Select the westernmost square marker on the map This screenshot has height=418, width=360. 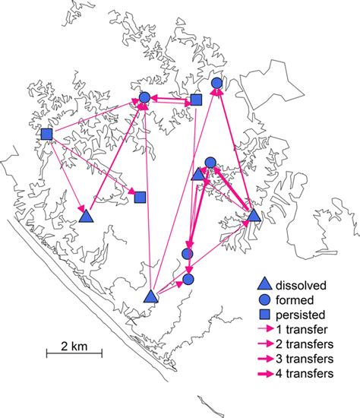pyautogui.click(x=46, y=135)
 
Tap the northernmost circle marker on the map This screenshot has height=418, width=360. pyautogui.click(x=216, y=83)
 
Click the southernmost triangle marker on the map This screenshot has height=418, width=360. pyautogui.click(x=150, y=296)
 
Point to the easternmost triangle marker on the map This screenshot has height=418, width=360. pyautogui.click(x=254, y=217)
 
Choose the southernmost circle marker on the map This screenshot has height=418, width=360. pyautogui.click(x=188, y=279)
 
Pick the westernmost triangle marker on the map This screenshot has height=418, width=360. pyautogui.click(x=86, y=217)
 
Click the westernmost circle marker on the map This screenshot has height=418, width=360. pyautogui.click(x=144, y=97)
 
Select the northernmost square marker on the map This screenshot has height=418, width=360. pyautogui.click(x=195, y=100)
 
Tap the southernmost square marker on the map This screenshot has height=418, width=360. pyautogui.click(x=140, y=198)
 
